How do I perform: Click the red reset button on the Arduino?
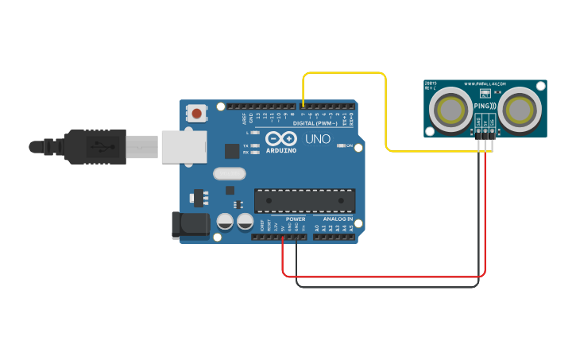pos(196,114)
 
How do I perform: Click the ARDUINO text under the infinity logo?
pos(281,149)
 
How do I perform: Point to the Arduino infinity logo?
pos(280,137)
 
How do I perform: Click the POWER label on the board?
pos(295,219)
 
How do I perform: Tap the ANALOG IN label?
pos(338,219)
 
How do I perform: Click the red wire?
pos(381,276)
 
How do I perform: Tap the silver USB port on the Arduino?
pos(184,147)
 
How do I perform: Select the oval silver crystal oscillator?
pos(230,172)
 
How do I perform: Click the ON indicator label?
pos(350,145)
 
